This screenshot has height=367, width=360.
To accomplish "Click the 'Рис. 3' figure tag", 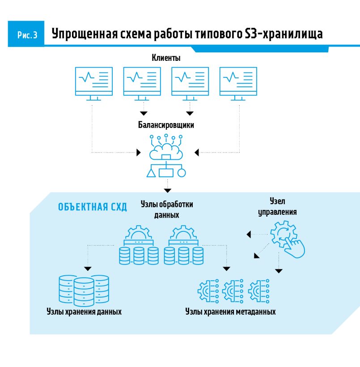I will click(27, 35).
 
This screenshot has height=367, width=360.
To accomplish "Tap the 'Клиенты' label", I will click(166, 58).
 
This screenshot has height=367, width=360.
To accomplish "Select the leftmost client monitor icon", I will click(93, 83).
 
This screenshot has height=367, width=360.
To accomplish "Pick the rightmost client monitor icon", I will click(238, 83).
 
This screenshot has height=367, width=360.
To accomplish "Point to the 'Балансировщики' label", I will click(166, 125).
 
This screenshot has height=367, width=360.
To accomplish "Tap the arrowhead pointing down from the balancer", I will click(167, 191).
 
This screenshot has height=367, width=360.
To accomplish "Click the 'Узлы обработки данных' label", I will click(166, 209).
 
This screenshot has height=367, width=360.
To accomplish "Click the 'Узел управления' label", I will click(277, 206).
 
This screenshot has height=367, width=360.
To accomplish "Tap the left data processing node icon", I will click(139, 246).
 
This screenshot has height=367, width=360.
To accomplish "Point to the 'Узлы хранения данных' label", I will click(84, 312).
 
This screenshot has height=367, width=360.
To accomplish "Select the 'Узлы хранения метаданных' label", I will click(230, 312).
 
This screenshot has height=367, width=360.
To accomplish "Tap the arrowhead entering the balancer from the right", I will click(197, 153).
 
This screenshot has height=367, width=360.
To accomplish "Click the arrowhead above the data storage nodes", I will click(88, 269).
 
